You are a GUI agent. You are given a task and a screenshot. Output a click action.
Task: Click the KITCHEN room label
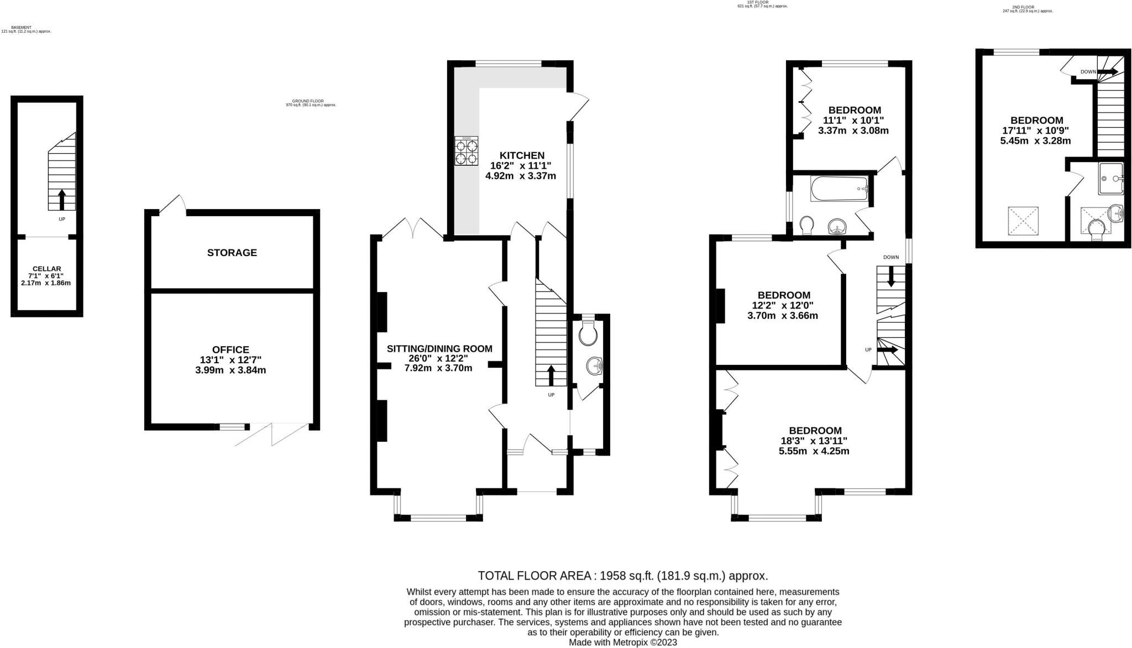click(x=522, y=155)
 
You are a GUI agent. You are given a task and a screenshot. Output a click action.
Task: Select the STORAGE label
click(x=232, y=253)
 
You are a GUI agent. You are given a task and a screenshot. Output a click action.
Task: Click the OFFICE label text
click(x=230, y=349)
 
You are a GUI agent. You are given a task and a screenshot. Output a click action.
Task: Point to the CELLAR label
click(x=46, y=269)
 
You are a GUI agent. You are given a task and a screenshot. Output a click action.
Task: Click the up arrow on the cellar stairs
click(x=61, y=200)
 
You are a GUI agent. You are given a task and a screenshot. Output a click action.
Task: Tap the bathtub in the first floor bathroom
click(x=839, y=189)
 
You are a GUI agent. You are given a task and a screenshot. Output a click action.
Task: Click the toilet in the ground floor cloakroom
click(x=588, y=333)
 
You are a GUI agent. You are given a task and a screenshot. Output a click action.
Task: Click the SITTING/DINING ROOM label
click(x=439, y=349)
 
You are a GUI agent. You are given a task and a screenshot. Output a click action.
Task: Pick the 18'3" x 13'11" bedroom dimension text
click(x=815, y=441)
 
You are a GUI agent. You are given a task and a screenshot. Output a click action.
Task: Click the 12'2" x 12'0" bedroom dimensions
click(x=783, y=305)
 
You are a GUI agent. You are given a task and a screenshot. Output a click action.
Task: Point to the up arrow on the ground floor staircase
click(x=551, y=375)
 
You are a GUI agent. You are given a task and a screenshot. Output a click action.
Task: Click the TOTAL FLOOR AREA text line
click(x=622, y=576)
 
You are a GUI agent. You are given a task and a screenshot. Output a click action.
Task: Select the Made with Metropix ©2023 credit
click(x=622, y=642)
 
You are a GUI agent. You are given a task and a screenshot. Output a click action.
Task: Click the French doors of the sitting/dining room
click(x=413, y=228)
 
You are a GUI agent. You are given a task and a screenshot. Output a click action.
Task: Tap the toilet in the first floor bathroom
click(x=807, y=224)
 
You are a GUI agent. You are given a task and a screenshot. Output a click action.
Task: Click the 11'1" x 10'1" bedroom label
click(x=853, y=120)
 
